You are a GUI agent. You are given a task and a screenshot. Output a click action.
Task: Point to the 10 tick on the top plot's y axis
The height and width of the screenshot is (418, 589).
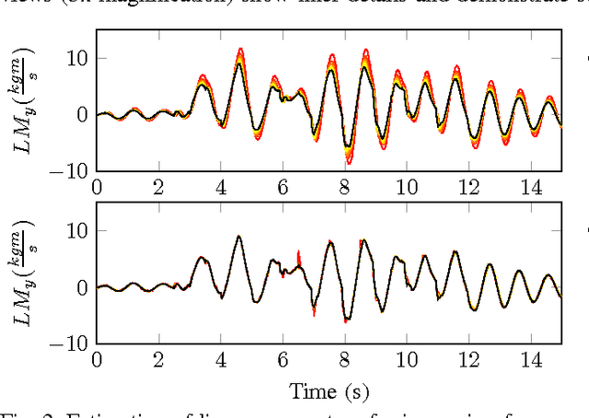click(x=75, y=58)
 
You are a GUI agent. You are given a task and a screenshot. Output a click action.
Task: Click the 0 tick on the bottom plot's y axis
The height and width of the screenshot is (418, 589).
click(x=81, y=287)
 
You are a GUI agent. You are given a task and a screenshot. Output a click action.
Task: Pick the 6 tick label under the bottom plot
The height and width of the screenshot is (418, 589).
click(x=283, y=360)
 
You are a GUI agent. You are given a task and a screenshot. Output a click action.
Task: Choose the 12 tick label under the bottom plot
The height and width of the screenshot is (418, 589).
click(x=468, y=360)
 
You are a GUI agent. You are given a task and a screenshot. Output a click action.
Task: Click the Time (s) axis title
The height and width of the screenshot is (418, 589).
click(x=328, y=391)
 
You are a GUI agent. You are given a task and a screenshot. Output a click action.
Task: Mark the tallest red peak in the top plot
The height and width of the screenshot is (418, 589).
click(x=240, y=50)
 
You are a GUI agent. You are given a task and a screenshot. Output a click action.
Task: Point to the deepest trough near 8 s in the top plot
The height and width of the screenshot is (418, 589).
click(x=348, y=162)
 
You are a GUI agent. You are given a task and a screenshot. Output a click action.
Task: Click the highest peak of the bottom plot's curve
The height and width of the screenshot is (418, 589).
click(x=239, y=237)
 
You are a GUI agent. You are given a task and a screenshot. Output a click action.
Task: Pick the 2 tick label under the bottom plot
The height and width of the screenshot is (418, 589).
click(x=158, y=360)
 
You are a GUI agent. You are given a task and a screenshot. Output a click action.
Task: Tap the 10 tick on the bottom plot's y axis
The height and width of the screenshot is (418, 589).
click(x=75, y=231)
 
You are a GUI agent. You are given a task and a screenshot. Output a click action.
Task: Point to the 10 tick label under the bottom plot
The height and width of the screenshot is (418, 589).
click(x=406, y=360)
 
